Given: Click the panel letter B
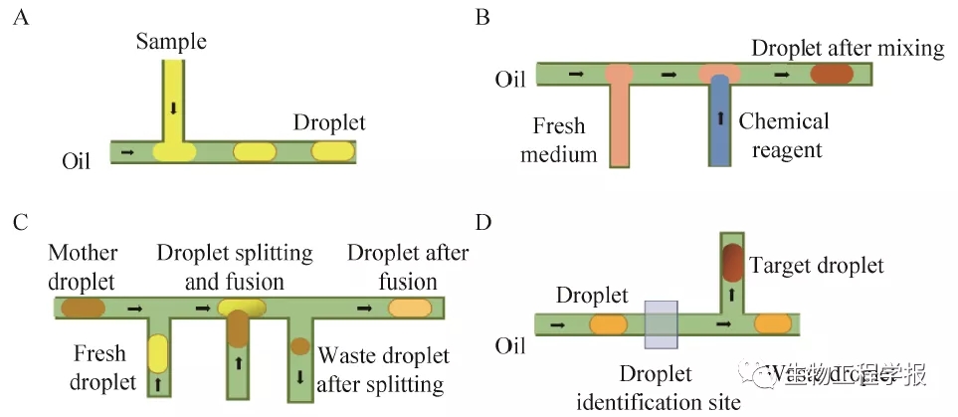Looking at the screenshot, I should [x=484, y=18].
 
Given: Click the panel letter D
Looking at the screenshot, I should [x=484, y=221].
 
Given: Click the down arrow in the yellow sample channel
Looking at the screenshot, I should [x=173, y=106].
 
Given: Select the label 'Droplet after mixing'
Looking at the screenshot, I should [x=848, y=48].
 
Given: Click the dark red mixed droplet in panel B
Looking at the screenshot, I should [x=832, y=74].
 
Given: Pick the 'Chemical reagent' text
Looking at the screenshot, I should [x=783, y=135].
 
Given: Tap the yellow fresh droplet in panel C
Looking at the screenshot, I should [x=158, y=354].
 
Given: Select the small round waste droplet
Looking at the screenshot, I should [x=299, y=347].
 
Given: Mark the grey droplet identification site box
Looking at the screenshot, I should [x=662, y=324].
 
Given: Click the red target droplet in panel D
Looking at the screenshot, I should [x=732, y=261].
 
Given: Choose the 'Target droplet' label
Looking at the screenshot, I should [x=816, y=266].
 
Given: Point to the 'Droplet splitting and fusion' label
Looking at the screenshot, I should [x=234, y=266].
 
